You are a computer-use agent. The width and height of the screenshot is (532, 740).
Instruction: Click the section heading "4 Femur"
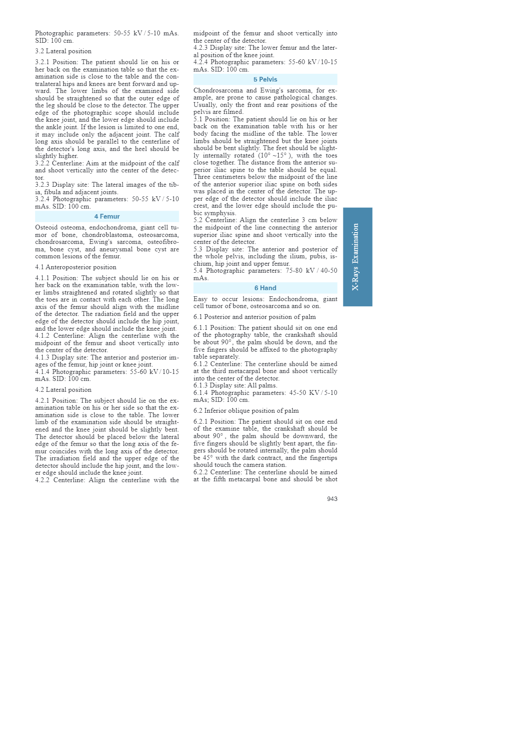107,216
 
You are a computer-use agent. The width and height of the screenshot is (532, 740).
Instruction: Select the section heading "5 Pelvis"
265,79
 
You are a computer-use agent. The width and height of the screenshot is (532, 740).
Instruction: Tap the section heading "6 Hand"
265,288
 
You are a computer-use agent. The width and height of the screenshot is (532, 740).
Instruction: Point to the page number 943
332,499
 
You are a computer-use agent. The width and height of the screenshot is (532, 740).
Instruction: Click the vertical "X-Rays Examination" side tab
357,257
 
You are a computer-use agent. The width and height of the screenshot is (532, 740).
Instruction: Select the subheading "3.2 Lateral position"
63,51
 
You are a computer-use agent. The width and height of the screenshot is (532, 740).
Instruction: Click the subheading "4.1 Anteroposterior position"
76,267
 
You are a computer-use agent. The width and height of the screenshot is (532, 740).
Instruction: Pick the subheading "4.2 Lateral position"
63,390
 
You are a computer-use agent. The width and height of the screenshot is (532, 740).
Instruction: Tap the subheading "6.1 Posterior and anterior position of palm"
255,317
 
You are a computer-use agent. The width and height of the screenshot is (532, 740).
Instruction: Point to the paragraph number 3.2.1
42,62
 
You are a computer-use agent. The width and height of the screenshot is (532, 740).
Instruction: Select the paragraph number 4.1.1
42,278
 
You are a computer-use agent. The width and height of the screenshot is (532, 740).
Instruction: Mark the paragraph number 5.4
198,271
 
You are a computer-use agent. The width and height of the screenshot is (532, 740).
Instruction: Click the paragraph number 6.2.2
201,472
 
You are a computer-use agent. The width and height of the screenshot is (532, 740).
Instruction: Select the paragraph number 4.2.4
200,62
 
